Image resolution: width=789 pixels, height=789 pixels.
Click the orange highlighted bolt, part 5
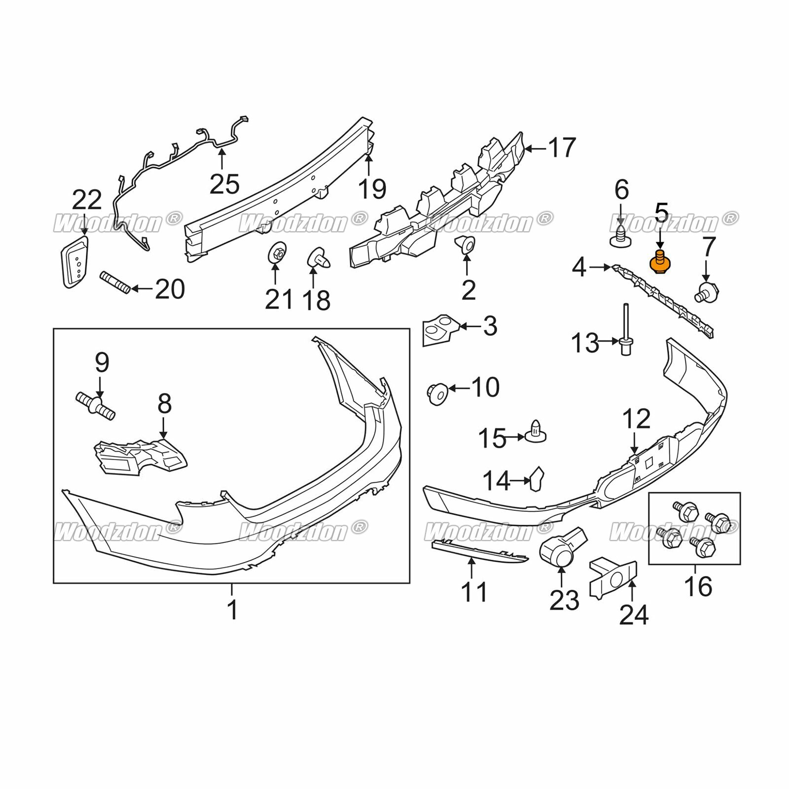(x=660, y=261)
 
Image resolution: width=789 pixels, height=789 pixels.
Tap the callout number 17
(x=562, y=147)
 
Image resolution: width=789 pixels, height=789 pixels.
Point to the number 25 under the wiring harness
(x=224, y=184)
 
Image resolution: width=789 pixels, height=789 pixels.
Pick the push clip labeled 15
(x=536, y=431)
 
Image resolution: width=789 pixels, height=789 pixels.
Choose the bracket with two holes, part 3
(x=440, y=330)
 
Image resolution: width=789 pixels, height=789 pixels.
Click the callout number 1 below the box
(x=232, y=610)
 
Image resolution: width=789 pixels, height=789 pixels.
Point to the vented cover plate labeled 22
(x=75, y=261)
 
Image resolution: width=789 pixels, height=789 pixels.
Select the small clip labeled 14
(x=536, y=479)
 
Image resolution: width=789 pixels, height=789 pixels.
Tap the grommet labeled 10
(x=437, y=394)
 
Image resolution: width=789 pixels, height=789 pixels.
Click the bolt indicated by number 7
(x=707, y=291)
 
